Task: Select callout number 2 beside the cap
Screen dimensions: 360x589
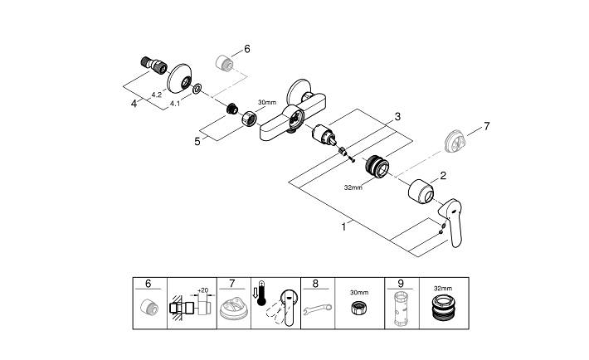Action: pos(443,175)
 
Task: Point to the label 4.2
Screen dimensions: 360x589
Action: pos(155,95)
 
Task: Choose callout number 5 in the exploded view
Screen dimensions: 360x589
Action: pos(197,141)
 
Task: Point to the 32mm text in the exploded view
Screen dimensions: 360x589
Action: pos(353,188)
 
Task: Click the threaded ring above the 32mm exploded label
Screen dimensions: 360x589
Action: pos(378,167)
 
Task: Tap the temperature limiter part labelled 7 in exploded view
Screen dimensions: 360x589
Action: pos(451,139)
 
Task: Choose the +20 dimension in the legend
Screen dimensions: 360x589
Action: pos(202,291)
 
